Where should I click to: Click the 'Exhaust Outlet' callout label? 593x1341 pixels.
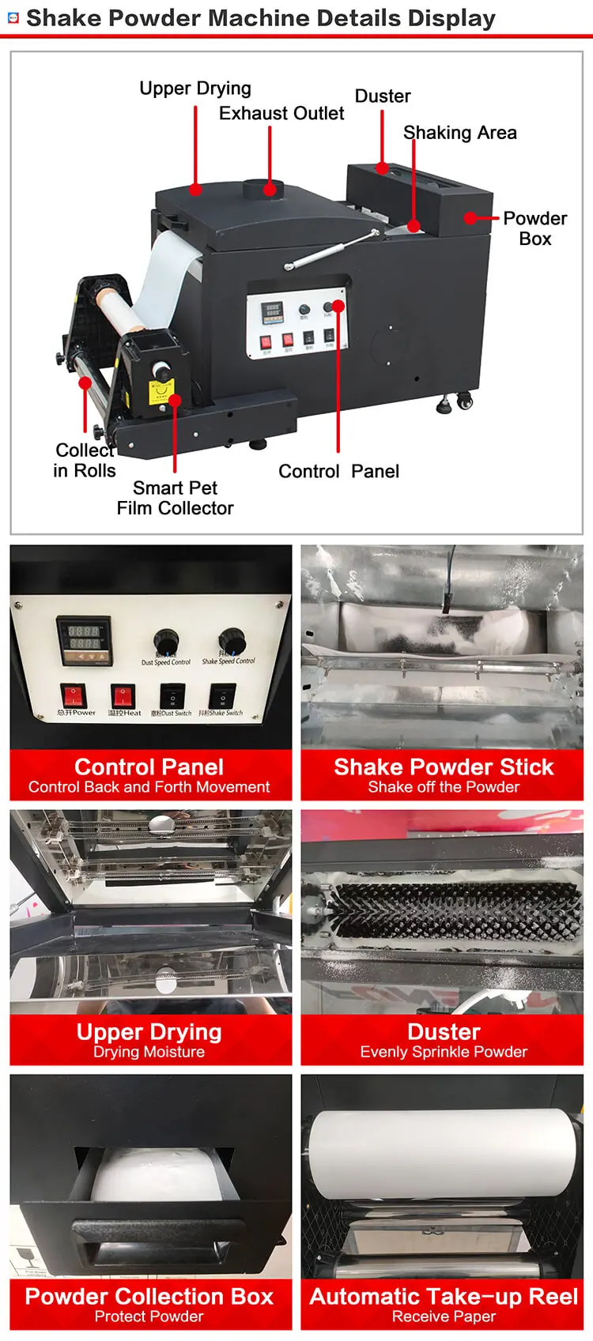point(281,114)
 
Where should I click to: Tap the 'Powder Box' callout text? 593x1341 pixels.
point(534,228)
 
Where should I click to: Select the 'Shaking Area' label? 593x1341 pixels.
point(459,133)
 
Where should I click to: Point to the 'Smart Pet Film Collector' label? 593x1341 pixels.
point(175,498)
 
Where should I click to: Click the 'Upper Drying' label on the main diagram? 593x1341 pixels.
point(195,89)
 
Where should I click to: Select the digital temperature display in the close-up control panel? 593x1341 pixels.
point(83,638)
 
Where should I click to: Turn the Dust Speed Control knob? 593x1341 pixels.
point(166,641)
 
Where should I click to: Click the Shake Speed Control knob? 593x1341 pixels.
point(231,639)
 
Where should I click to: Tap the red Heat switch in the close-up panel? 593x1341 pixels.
point(123,695)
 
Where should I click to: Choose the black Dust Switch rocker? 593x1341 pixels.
point(172,696)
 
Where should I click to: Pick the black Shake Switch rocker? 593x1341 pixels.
point(222,696)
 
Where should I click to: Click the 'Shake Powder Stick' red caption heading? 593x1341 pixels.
point(443,767)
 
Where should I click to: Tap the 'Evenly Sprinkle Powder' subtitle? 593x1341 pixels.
point(443,1052)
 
